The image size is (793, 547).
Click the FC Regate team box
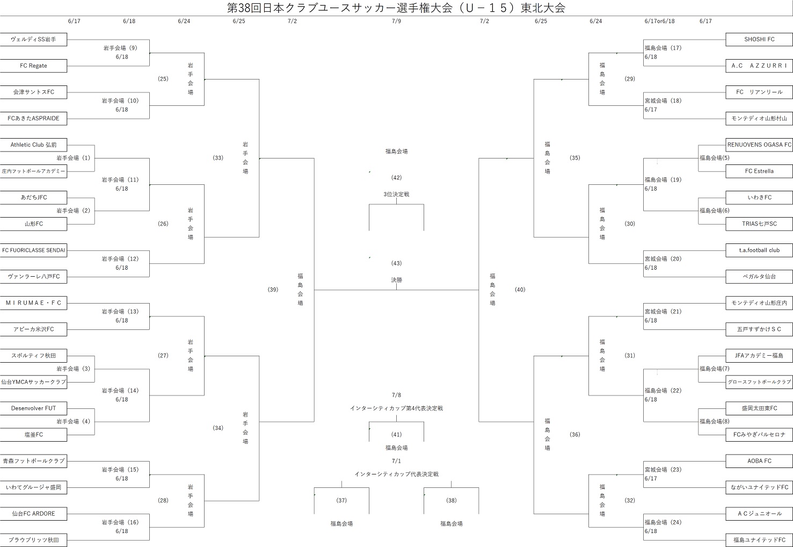[33, 66]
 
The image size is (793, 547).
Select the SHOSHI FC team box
[759, 39]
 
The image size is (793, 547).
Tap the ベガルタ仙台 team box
[759, 276]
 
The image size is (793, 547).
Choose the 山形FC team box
[33, 224]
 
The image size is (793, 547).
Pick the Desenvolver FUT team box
[33, 408]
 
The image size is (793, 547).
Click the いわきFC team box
[759, 197]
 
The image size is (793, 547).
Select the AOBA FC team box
[759, 460]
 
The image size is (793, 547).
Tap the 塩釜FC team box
[33, 434]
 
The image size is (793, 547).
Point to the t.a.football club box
[759, 250]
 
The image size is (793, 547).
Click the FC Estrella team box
[759, 171]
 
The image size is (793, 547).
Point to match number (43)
[396, 263]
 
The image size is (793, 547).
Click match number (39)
[273, 290]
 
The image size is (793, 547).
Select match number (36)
[574, 434]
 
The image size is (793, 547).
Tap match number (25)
[163, 79]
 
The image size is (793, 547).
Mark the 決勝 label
[396, 280]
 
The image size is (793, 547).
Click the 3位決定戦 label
[396, 194]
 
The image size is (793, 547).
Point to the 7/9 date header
[396, 21]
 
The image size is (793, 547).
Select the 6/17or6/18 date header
[659, 21]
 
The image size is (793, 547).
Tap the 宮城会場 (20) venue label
[663, 258]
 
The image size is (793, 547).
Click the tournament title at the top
[396, 8]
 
